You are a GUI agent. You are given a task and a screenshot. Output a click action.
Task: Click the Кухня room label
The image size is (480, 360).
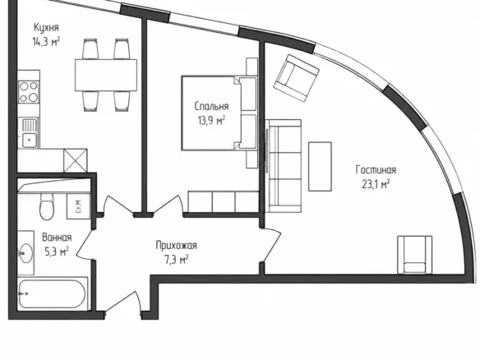click(46, 28)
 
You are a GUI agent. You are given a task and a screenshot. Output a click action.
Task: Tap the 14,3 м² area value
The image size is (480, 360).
click(46, 42)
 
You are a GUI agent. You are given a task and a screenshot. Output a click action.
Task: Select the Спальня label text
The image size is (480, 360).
click(211, 107)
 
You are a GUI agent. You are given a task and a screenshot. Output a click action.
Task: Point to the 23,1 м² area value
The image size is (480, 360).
click(376, 184)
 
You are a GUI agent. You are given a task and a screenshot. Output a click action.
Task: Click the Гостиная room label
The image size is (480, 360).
click(376, 170)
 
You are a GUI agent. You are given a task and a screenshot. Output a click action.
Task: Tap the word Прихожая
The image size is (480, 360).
click(177, 246)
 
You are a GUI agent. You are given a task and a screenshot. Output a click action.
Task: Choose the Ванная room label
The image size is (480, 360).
click(57, 238)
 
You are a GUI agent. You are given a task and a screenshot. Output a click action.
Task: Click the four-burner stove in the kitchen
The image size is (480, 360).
click(29, 92)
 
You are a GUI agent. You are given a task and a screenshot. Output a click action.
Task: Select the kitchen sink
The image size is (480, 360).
click(29, 133)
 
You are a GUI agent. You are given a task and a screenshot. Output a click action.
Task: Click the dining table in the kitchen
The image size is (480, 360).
click(106, 75)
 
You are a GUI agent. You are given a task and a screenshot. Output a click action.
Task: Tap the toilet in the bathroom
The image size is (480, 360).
click(47, 206)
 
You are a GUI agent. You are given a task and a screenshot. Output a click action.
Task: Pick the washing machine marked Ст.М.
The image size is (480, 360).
click(79, 206)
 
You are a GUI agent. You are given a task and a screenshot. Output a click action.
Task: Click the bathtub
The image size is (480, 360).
click(53, 293)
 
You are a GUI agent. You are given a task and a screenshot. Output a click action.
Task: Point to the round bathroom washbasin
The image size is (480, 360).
click(26, 253)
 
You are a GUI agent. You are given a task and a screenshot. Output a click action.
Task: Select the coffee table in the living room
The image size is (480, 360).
click(320, 167)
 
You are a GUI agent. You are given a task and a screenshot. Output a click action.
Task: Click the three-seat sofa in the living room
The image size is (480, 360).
click(284, 166)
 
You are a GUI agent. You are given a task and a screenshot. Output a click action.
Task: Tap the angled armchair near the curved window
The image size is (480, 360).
click(297, 78)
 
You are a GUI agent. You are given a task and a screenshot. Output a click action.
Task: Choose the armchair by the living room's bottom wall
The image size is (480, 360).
click(415, 255)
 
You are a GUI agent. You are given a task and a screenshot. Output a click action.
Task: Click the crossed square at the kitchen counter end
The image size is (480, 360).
click(76, 160)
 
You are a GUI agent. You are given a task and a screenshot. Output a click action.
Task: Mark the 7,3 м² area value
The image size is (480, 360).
click(177, 261)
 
